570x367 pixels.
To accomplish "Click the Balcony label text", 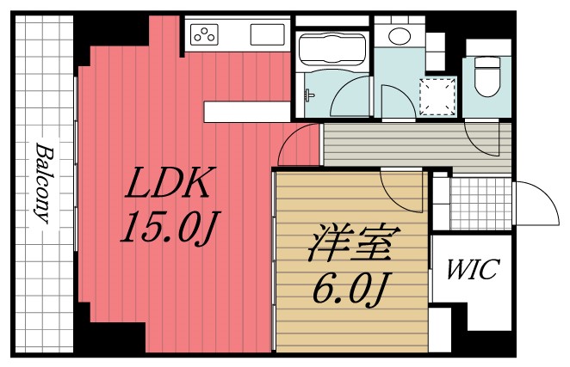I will [x=41, y=183].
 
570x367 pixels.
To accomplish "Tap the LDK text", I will [x=168, y=185].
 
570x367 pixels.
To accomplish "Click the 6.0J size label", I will [x=349, y=289].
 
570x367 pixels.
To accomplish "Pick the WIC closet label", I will [x=471, y=270].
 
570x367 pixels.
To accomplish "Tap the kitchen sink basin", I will [x=269, y=34].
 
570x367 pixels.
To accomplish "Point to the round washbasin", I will [x=398, y=35].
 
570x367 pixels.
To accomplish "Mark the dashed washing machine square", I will [x=437, y=95].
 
